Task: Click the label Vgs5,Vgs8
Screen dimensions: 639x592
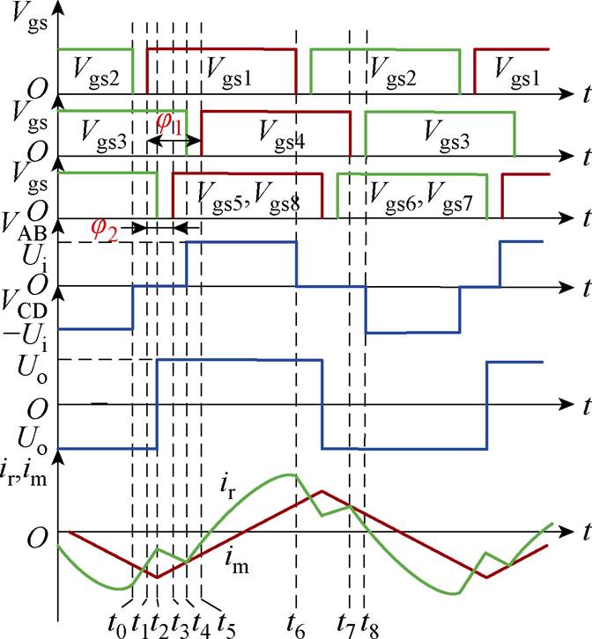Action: pyautogui.click(x=248, y=190)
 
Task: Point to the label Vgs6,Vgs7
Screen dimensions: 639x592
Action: pyautogui.click(x=421, y=190)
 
